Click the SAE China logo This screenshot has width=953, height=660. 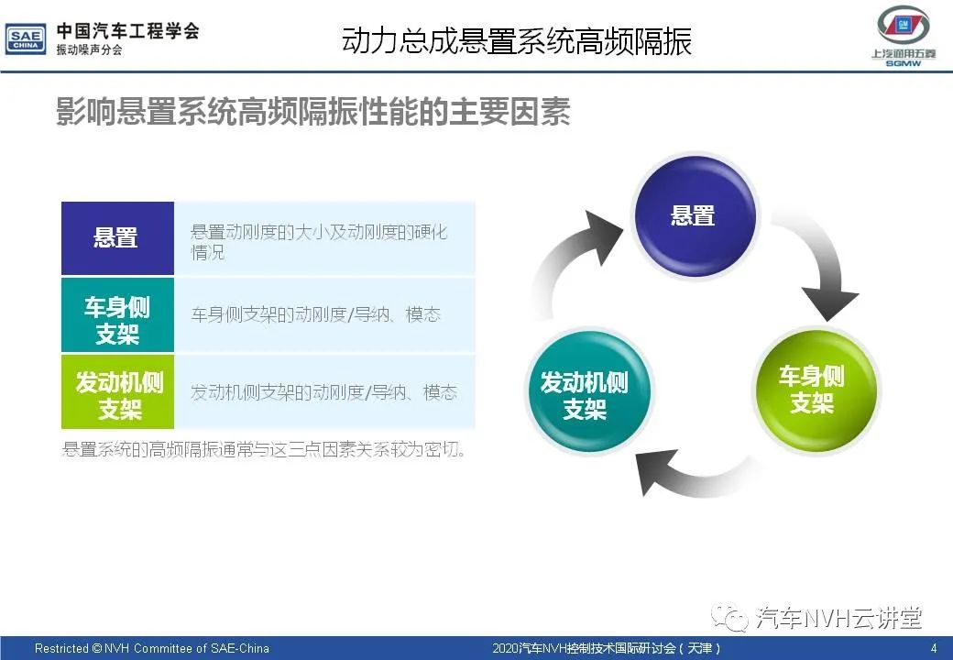point(26,39)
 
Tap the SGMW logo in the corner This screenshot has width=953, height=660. point(904,37)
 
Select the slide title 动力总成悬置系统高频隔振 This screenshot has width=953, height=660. point(517,41)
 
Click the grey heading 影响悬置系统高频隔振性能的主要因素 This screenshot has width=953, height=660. point(313,111)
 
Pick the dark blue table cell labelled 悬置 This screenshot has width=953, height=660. point(117,237)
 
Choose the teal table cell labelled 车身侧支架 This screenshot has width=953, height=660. point(117,314)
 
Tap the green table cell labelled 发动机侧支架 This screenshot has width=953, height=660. point(117,392)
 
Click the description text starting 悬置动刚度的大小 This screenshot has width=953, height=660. point(319,241)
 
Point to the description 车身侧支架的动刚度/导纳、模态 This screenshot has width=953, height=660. point(316,314)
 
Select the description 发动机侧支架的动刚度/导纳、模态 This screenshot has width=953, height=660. point(324,392)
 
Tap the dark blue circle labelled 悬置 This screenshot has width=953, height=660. point(695,216)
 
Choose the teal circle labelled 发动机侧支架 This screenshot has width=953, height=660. point(587,392)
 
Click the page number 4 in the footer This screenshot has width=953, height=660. point(934,648)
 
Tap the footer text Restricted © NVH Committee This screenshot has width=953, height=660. point(152,648)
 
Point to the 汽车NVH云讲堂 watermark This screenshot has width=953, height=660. point(818,618)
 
